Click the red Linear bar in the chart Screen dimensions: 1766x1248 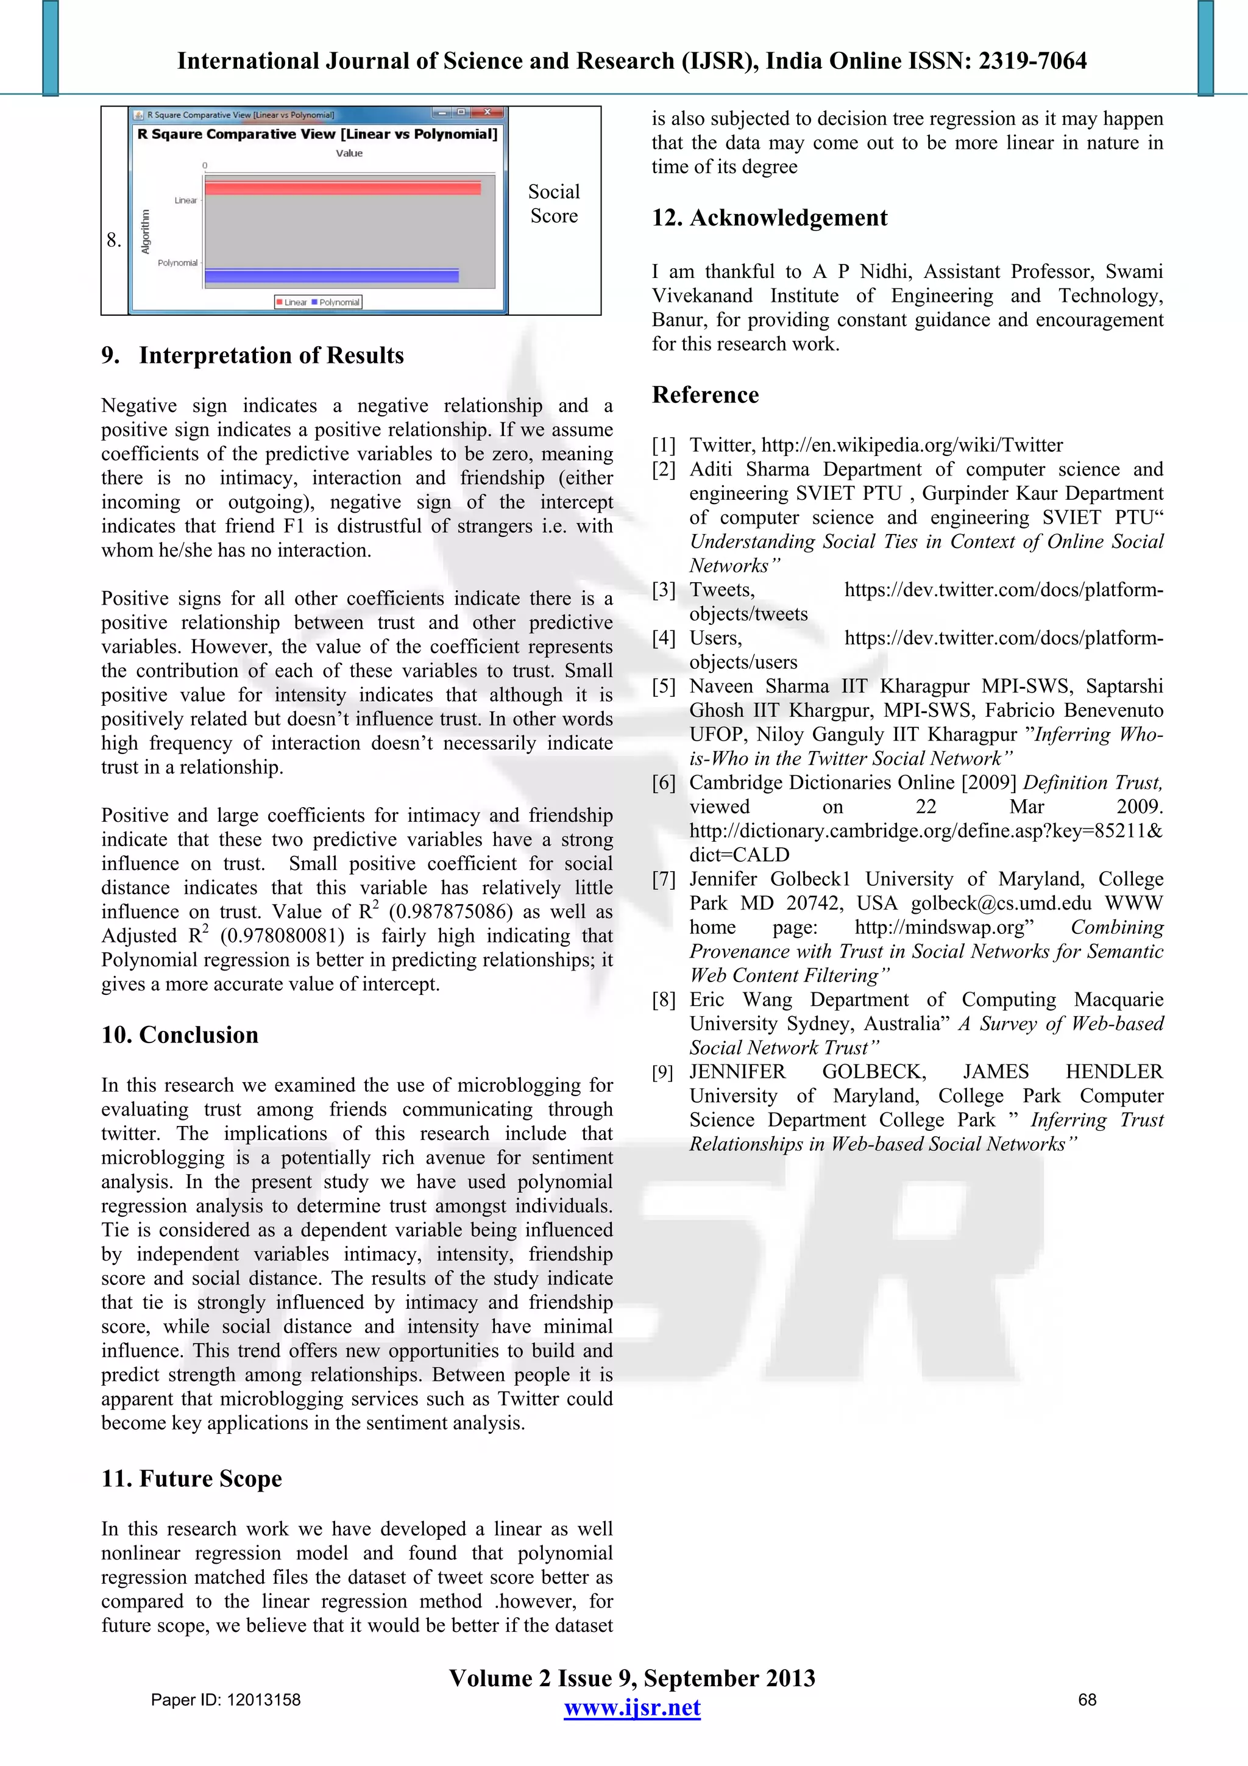pos(343,188)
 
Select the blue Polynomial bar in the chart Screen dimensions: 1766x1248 pos(331,276)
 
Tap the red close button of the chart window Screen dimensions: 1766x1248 pos(487,112)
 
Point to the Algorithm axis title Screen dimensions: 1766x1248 pos(145,231)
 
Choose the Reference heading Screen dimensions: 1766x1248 pos(705,394)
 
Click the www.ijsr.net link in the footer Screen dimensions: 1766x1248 pos(632,1707)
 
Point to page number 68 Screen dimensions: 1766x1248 pos(1087,1700)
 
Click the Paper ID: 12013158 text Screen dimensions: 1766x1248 pos(225,1700)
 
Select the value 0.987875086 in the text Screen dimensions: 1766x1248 pos(450,912)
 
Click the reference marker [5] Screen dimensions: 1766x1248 pos(664,686)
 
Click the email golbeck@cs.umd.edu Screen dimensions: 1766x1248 pos(1001,903)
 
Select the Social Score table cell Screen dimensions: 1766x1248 pos(554,204)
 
